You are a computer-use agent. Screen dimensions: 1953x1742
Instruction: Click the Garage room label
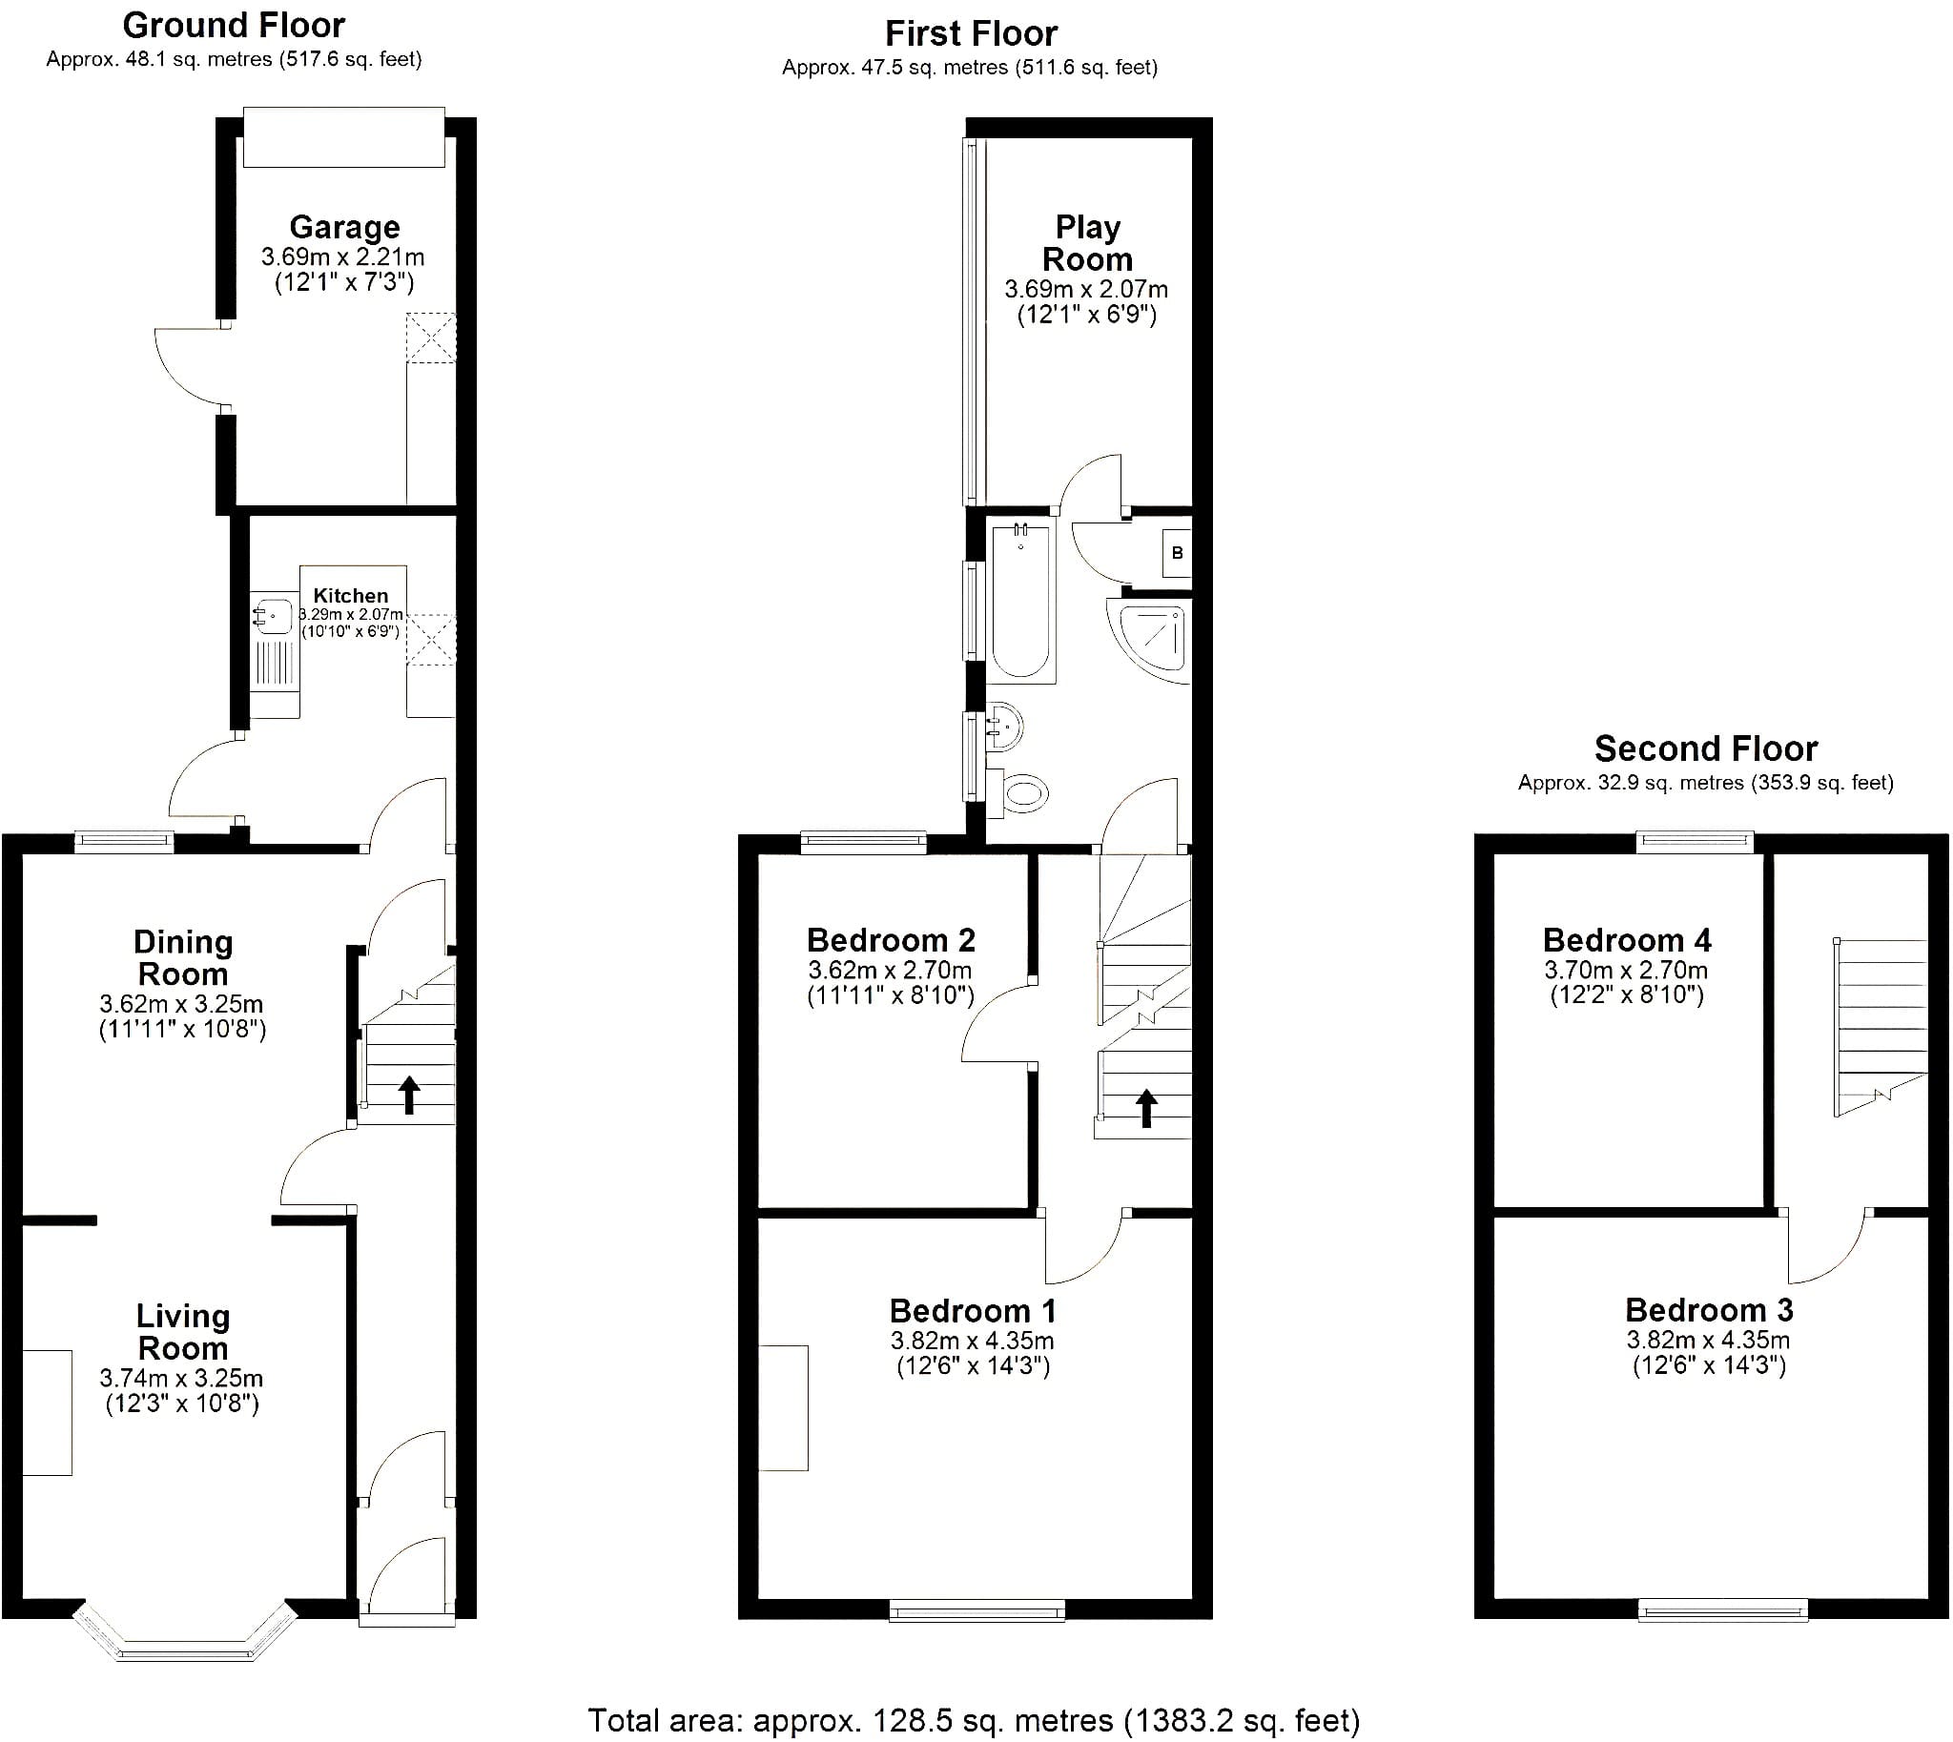tap(344, 227)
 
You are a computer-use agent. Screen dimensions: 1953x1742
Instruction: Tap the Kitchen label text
tap(350, 595)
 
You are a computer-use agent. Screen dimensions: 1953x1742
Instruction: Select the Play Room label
tap(1087, 243)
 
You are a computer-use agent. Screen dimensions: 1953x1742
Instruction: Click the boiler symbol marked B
tap(1178, 552)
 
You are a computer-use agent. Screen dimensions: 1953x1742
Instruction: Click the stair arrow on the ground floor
tap(409, 1095)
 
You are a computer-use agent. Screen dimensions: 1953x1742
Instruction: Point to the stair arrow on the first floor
tap(1146, 1108)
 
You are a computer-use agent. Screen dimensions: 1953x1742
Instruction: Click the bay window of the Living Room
tap(186, 1631)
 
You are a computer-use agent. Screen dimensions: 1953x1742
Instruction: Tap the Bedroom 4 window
tap(1695, 842)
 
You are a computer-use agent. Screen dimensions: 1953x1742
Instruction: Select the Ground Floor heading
tap(234, 26)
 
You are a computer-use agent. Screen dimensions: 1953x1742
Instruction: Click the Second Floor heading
tap(1706, 748)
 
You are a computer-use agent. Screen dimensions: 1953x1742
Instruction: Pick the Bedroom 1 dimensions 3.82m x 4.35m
tap(973, 1341)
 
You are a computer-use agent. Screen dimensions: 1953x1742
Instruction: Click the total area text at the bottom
tap(974, 1720)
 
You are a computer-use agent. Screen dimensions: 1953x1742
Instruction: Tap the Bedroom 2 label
tap(892, 940)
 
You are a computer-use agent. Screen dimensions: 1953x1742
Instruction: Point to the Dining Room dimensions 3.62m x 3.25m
tap(181, 1004)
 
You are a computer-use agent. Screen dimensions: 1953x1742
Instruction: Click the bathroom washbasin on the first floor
tap(1004, 727)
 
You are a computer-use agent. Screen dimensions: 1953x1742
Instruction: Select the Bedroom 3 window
tap(1723, 1610)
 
